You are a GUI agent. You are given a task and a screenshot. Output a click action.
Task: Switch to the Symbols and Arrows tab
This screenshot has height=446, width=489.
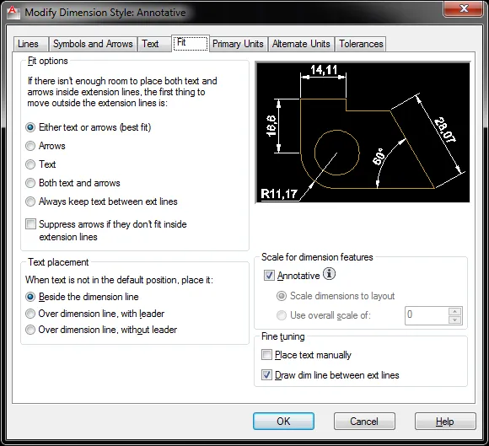[93, 44]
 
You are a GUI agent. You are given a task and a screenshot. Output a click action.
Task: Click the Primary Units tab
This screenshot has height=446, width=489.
[238, 44]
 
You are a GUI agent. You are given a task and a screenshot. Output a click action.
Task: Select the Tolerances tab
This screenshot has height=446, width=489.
[361, 44]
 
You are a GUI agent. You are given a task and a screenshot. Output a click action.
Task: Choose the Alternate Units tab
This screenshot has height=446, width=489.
[301, 44]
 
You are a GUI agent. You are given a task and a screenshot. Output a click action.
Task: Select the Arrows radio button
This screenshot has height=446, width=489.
[30, 146]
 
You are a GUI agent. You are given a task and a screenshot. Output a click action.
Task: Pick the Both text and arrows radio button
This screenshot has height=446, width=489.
[30, 183]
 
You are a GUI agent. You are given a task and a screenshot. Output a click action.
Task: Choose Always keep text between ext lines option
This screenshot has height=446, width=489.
[30, 202]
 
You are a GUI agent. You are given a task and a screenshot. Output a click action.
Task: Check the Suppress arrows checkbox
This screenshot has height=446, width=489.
[30, 224]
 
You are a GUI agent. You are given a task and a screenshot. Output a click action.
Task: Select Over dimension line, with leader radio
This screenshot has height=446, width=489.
[30, 314]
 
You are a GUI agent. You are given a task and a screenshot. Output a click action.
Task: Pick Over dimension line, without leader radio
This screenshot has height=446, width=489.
[30, 330]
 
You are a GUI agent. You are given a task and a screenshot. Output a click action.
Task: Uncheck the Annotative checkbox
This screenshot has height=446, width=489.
[269, 276]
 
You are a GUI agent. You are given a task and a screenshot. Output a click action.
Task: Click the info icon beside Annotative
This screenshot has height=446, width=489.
[329, 274]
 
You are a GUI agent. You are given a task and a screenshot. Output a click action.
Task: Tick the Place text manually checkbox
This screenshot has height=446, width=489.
[266, 355]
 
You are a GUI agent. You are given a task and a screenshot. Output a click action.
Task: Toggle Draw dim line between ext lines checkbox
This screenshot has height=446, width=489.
[266, 375]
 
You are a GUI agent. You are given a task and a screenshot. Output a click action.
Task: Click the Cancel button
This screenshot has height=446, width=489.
[364, 422]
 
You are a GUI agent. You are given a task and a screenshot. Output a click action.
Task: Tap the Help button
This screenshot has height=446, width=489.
[445, 422]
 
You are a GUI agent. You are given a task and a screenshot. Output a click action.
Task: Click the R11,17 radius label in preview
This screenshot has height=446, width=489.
[279, 194]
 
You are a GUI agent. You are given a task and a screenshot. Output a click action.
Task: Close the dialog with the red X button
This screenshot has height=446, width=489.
[464, 8]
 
